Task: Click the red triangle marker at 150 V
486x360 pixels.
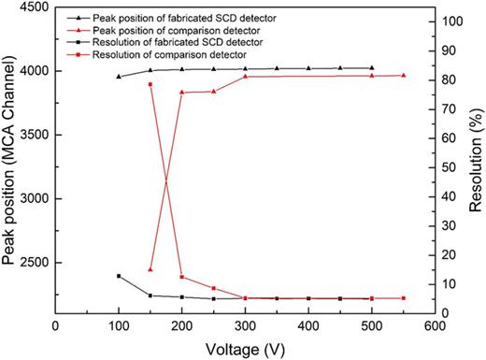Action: click(x=150, y=269)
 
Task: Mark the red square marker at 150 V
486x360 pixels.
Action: click(x=150, y=84)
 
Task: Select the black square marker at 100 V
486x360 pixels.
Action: click(x=119, y=276)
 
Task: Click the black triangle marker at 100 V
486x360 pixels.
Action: click(x=119, y=77)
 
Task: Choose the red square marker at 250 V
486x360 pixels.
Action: click(x=213, y=288)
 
